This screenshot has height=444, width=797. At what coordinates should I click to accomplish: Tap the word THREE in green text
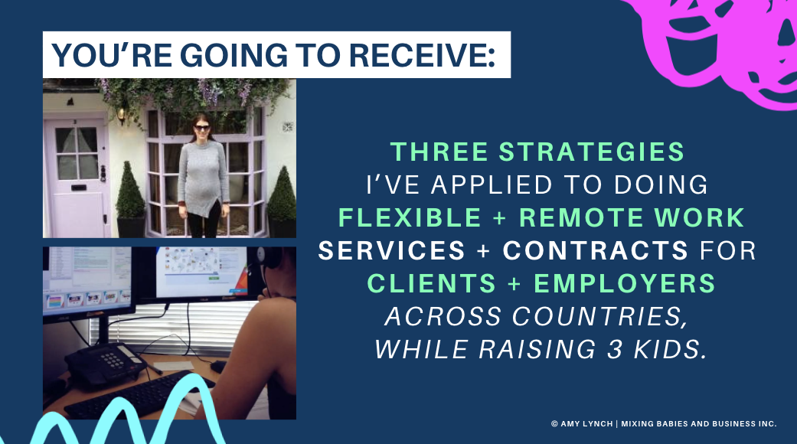(439, 152)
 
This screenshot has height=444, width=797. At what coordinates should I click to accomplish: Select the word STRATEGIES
(592, 152)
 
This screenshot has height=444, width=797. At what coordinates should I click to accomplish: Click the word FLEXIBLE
(410, 217)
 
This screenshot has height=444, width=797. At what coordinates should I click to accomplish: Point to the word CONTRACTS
(596, 250)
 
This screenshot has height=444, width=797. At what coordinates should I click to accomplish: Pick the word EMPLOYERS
(625, 283)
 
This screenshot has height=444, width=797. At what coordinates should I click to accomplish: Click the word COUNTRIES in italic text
(599, 316)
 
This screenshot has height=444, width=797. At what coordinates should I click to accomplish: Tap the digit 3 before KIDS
(615, 349)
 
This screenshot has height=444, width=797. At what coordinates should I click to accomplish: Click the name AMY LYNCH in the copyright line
(586, 423)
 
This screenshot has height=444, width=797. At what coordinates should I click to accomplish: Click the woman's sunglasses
(202, 128)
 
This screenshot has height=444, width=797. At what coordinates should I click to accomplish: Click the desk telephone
(105, 363)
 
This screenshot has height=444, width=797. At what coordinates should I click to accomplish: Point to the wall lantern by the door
(121, 115)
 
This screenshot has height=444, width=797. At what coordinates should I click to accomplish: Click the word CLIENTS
(431, 283)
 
